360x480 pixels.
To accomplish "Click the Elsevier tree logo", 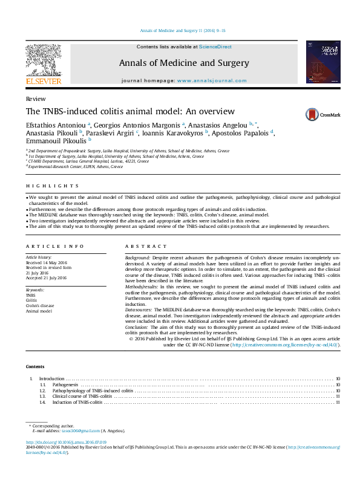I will pos(43,63).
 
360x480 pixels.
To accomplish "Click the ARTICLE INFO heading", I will pos(55,247).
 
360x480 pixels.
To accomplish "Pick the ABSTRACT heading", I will pos(145,247).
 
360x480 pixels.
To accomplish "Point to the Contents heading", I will pos(34,367).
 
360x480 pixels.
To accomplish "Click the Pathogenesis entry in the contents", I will pos(65,384).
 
